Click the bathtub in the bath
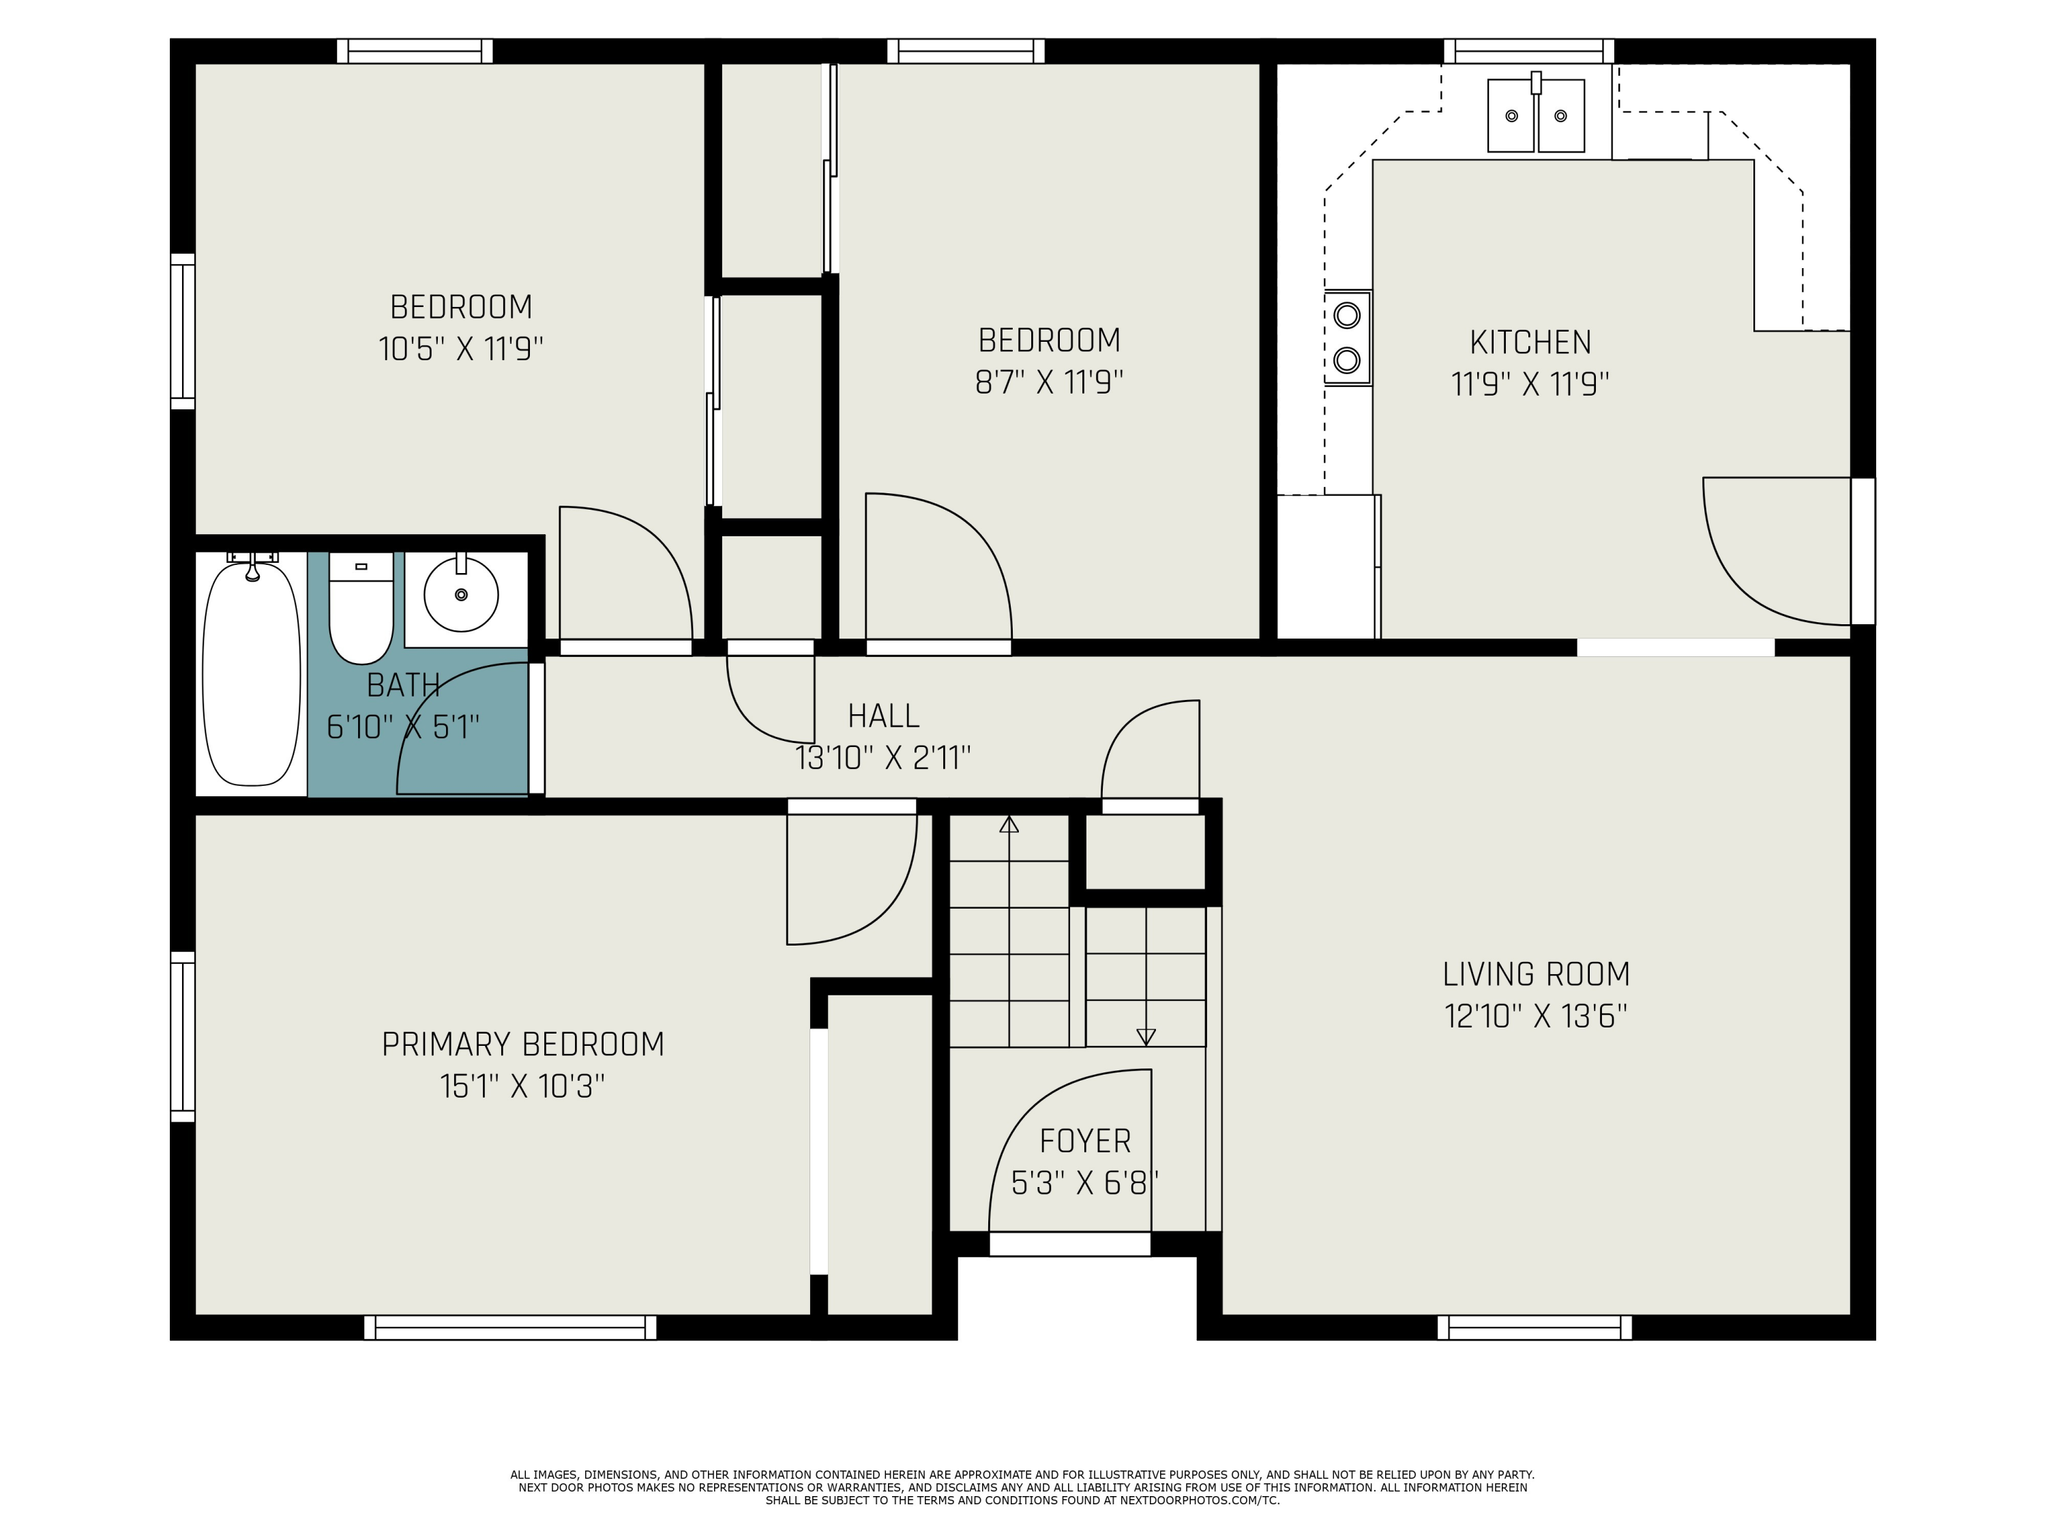tap(252, 673)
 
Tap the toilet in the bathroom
tap(361, 608)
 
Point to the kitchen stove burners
tap(1347, 338)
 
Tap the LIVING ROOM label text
tap(1535, 974)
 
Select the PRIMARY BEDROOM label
tap(522, 1044)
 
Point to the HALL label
tap(883, 716)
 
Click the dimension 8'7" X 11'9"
tap(1049, 382)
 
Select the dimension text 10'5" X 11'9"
tap(460, 349)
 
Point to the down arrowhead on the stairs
tap(1146, 1037)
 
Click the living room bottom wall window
tap(1535, 1328)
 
